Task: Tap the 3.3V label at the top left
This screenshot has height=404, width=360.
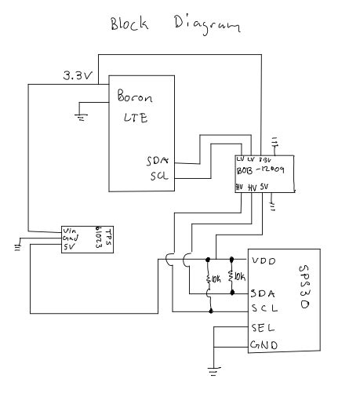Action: (76, 75)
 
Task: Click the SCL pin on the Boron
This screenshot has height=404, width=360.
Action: (159, 176)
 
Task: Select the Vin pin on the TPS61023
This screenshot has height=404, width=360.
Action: (70, 231)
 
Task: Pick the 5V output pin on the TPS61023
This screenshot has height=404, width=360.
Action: (69, 246)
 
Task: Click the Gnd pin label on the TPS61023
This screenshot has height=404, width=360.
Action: (70, 238)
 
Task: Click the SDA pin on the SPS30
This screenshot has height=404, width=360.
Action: (262, 294)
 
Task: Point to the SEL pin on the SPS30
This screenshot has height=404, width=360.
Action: (261, 328)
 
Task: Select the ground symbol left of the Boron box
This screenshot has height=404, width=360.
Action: (81, 116)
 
